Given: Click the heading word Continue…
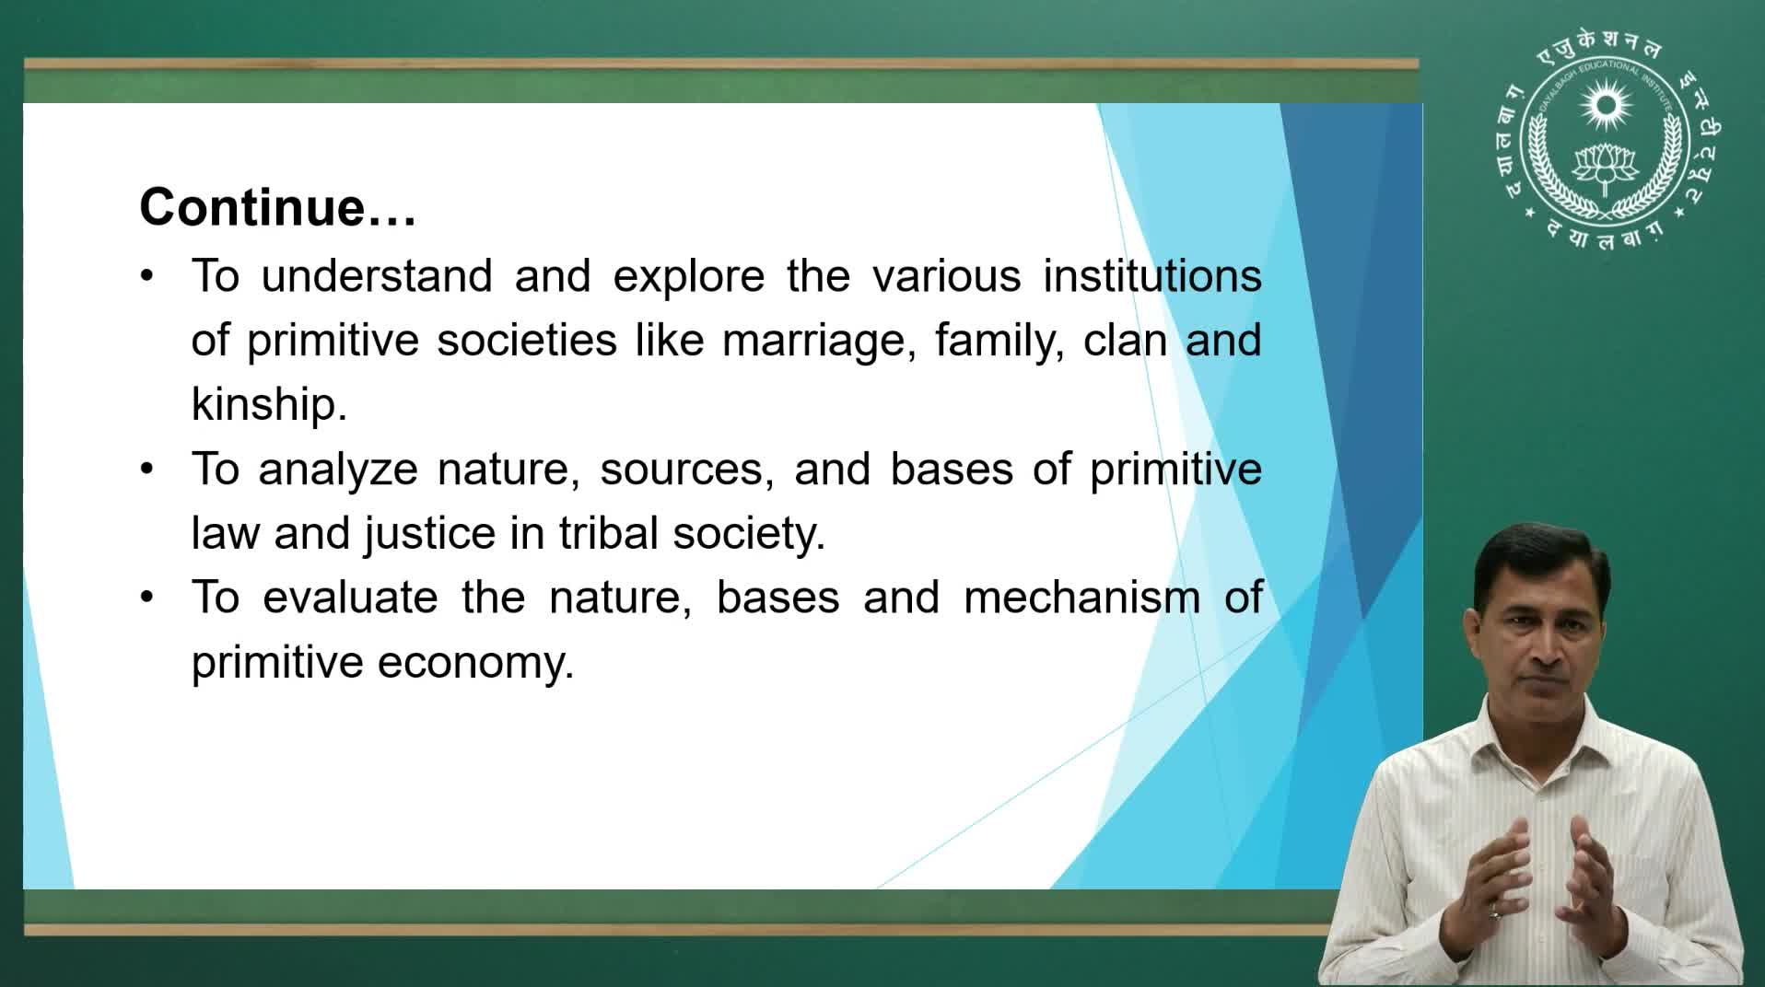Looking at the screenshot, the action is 278,206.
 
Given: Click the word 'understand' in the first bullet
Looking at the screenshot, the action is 377,275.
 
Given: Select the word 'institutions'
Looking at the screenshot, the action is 1152,275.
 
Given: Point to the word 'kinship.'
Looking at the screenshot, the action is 269,404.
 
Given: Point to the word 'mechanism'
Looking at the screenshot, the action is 1082,598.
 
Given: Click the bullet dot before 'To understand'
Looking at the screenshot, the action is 147,275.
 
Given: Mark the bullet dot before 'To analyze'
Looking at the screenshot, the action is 147,469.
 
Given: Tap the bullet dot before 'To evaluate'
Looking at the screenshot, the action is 147,598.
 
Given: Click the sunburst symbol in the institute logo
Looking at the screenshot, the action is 1606,105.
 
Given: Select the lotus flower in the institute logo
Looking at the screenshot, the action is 1606,165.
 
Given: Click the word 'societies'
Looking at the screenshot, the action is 527,340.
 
